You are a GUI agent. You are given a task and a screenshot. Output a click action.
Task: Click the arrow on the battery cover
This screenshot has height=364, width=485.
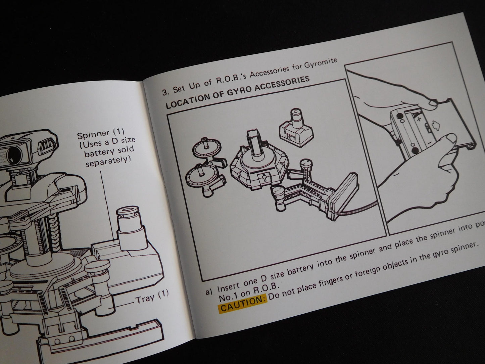pos(435,125)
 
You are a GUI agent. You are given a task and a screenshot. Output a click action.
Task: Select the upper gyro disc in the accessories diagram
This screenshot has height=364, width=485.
pos(207,147)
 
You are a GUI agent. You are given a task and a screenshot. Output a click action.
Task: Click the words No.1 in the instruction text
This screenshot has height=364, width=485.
pos(227,297)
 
